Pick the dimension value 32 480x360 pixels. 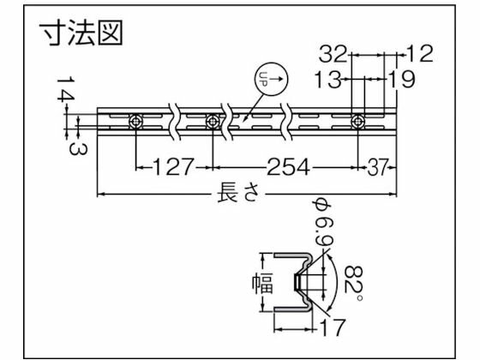point(337,55)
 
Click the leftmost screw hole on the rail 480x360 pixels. point(136,122)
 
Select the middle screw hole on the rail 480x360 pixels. point(212,122)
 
